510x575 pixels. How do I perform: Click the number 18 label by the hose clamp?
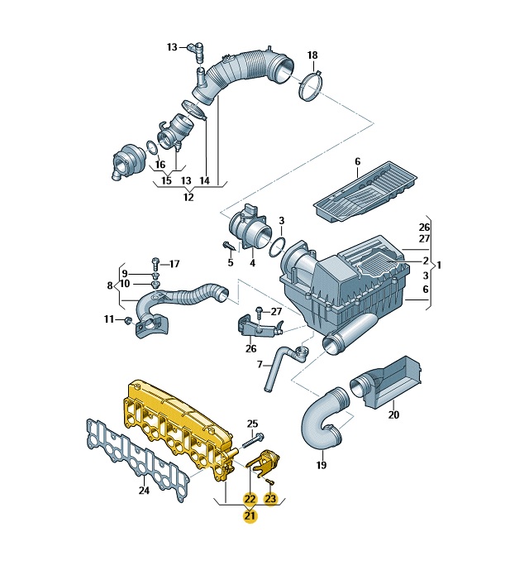312,55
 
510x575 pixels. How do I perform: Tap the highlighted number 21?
250,516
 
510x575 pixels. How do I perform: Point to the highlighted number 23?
270,499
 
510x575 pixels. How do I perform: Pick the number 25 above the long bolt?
252,424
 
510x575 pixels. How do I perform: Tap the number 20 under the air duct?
393,415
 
